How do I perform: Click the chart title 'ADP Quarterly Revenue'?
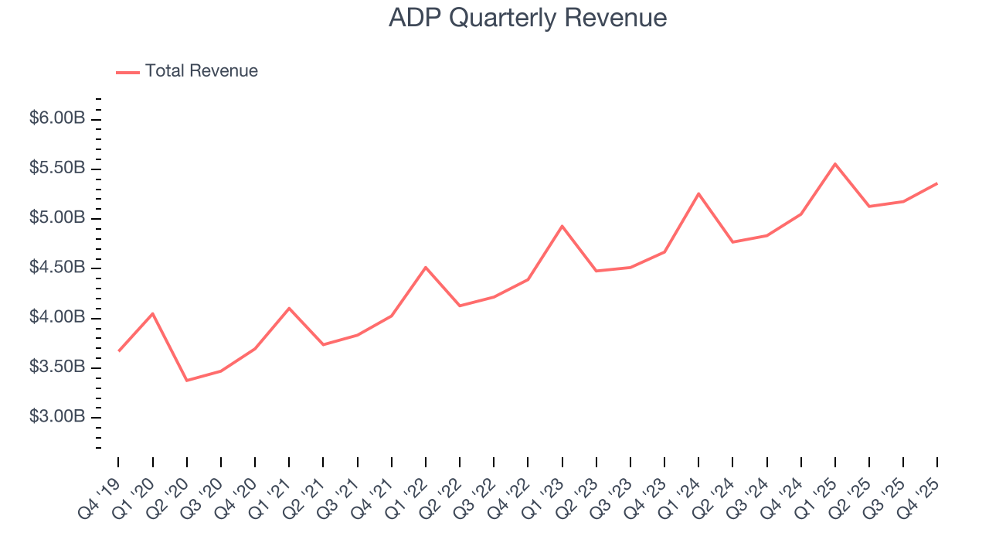(x=528, y=18)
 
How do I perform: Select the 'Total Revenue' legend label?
(x=201, y=71)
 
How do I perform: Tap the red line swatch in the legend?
(x=127, y=72)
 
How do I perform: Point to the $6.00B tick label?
(x=56, y=119)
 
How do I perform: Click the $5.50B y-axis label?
(x=56, y=169)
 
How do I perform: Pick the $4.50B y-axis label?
(x=56, y=268)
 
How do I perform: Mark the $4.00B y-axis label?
(x=56, y=318)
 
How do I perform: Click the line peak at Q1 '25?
(x=835, y=164)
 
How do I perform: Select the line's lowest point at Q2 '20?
(x=187, y=381)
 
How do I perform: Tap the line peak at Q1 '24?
(x=698, y=193)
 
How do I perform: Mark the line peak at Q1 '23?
(x=562, y=226)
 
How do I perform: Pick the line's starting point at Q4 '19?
(x=119, y=350)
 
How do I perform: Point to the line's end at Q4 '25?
(x=937, y=183)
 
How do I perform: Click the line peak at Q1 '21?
(x=289, y=308)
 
